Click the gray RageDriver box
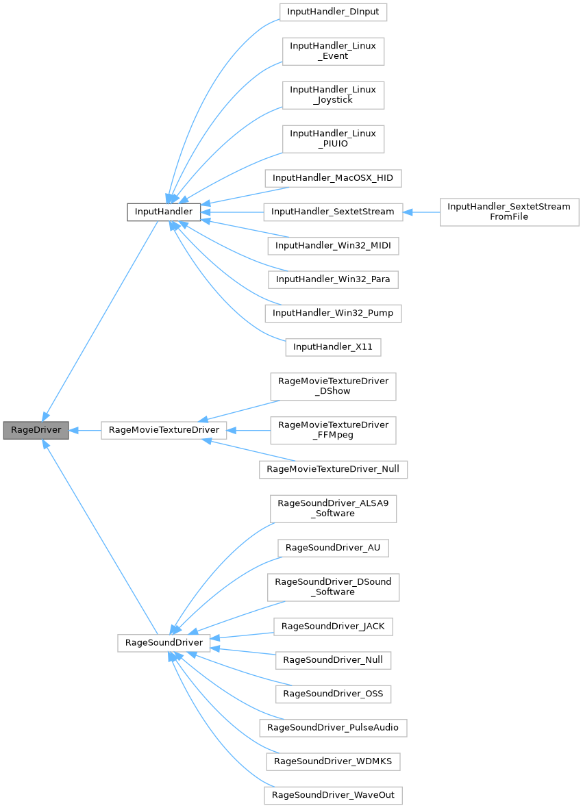pos(36,431)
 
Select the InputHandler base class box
pos(164,212)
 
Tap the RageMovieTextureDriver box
pos(164,431)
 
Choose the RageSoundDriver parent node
pos(164,643)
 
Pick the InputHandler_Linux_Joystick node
pos(334,95)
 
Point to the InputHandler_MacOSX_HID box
pos(334,178)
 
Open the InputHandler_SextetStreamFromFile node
pos(509,212)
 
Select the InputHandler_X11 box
pos(333,347)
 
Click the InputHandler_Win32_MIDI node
pos(333,245)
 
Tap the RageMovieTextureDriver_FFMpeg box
pos(333,430)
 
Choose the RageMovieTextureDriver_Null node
pos(333,469)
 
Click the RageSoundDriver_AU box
pos(333,548)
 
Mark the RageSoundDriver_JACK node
pos(333,626)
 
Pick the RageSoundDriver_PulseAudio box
pos(333,727)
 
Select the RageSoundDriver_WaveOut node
pos(333,795)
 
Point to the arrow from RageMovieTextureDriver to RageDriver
pos(85,431)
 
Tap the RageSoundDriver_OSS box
pos(333,694)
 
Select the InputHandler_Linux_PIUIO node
pos(334,139)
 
